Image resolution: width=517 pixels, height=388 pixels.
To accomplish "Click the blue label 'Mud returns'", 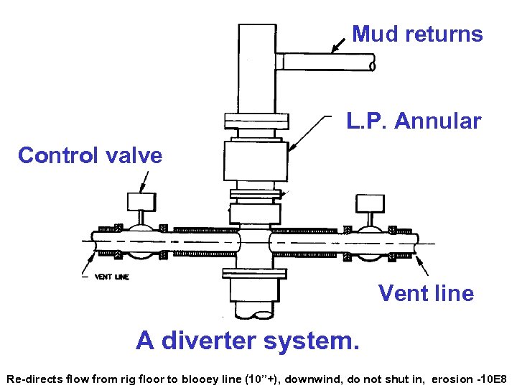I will tap(417, 34).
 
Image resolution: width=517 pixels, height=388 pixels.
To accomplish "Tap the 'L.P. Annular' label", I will tap(413, 121).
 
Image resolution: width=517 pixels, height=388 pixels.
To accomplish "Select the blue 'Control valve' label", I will tap(90, 155).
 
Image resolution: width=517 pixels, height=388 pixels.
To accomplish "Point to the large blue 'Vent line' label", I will tap(426, 293).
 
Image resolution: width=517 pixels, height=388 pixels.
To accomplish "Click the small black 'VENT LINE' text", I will tap(112, 277).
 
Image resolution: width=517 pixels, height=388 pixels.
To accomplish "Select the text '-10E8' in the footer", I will tap(492, 378).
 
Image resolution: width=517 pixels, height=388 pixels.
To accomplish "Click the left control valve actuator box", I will tap(141, 201).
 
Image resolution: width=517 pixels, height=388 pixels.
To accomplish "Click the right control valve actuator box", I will tap(371, 203).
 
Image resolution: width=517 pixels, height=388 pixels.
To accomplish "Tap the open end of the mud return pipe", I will tap(371, 65).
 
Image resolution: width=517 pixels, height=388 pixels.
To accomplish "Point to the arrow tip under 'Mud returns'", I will tap(332, 52).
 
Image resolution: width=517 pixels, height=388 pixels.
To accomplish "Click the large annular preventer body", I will tap(255, 162).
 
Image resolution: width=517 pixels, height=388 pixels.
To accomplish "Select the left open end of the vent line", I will tap(94, 244).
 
